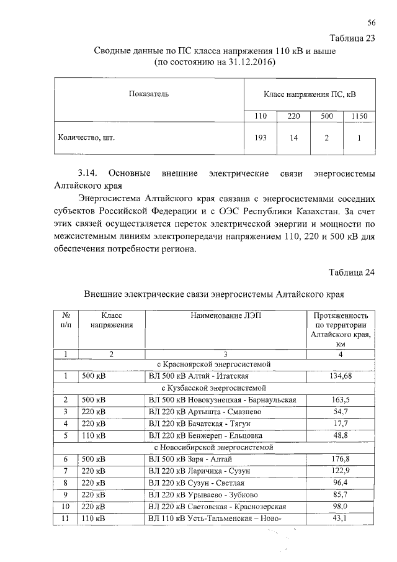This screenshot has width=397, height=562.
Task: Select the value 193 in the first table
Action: click(261, 138)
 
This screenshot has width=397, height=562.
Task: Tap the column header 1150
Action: click(359, 116)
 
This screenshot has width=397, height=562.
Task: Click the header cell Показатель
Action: click(148, 94)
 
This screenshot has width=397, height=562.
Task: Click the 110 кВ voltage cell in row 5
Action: click(94, 435)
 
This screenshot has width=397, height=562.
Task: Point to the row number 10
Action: click(65, 507)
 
